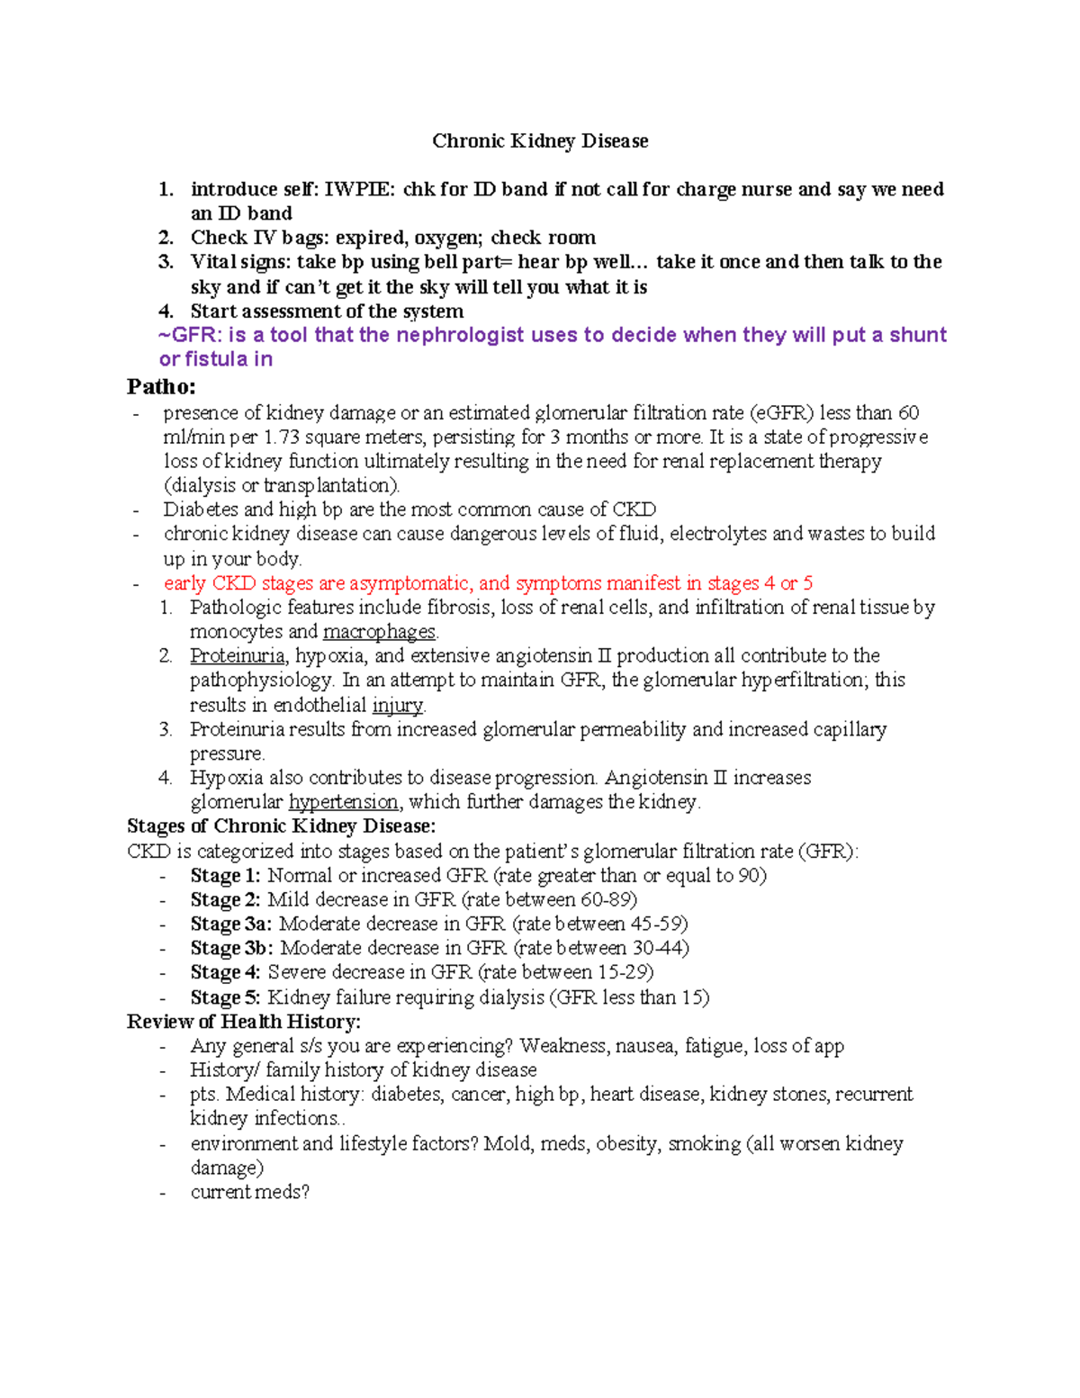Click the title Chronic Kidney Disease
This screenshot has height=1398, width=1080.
coord(540,141)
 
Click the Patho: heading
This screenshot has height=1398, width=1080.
coord(161,387)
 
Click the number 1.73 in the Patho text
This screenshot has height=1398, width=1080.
coord(282,437)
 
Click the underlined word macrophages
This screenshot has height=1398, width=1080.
coord(379,632)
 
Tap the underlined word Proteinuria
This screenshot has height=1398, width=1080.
coord(237,655)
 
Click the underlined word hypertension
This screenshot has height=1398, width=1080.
coord(343,802)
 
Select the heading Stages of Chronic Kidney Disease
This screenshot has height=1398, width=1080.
coord(281,826)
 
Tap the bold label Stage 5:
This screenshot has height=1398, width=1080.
coord(225,997)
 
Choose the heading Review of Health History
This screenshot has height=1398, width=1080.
coord(243,1022)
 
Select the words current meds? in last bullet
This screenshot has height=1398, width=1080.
coord(249,1193)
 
